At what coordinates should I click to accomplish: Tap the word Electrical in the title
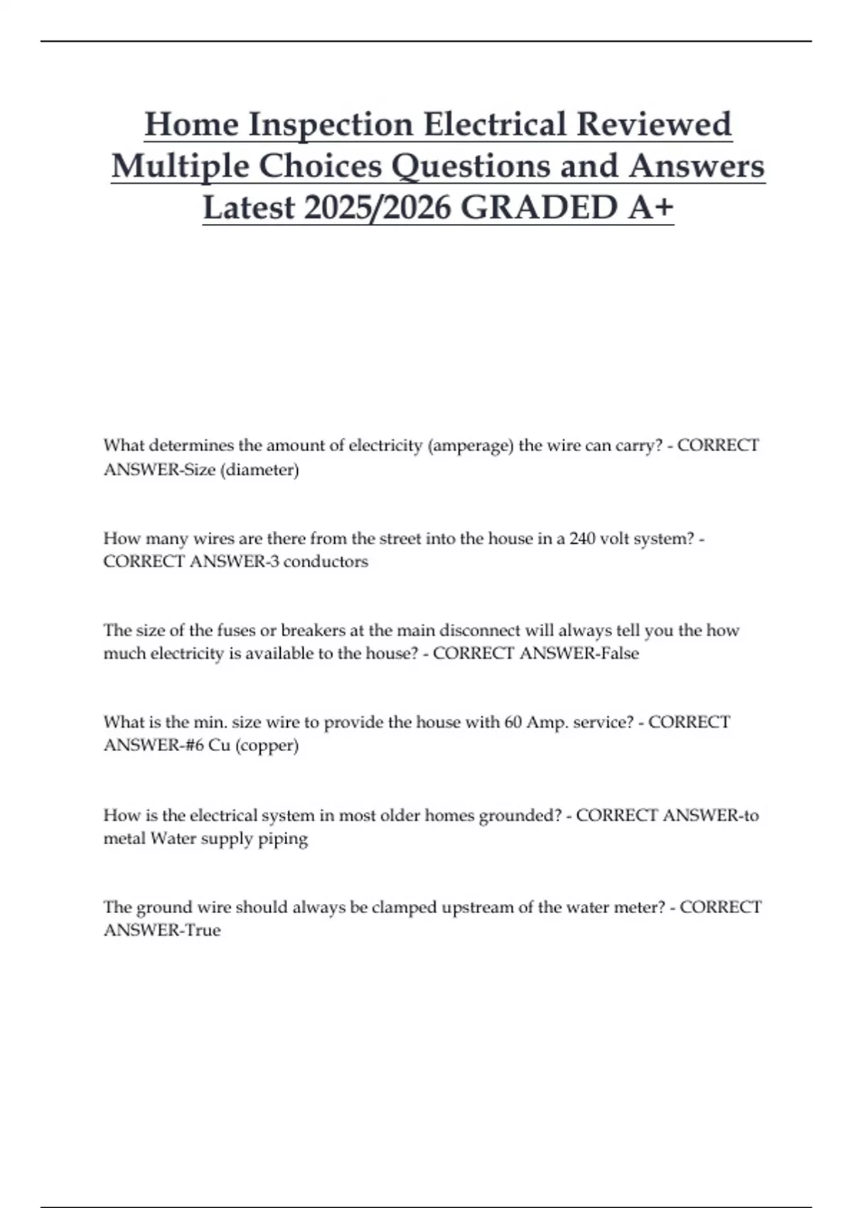click(495, 124)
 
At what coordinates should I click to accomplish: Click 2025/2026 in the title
click(377, 207)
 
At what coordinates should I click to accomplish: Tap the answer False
click(620, 653)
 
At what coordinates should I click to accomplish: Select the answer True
click(203, 930)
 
